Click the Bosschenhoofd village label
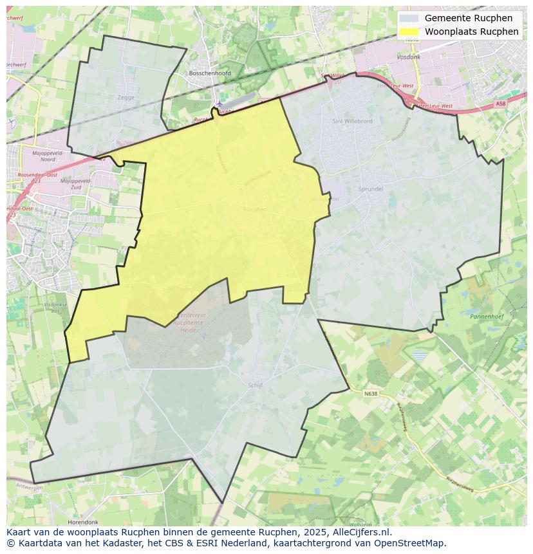pyautogui.click(x=210, y=73)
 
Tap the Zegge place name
pyautogui.click(x=126, y=98)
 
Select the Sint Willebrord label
pyautogui.click(x=351, y=121)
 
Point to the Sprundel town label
pyautogui.click(x=370, y=189)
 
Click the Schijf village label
pyautogui.click(x=255, y=385)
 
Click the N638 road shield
pyautogui.click(x=371, y=393)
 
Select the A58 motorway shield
pyautogui.click(x=500, y=104)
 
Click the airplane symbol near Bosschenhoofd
pyautogui.click(x=220, y=103)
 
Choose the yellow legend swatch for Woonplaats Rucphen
pyautogui.click(x=409, y=32)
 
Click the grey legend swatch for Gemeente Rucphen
pyautogui.click(x=409, y=18)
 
